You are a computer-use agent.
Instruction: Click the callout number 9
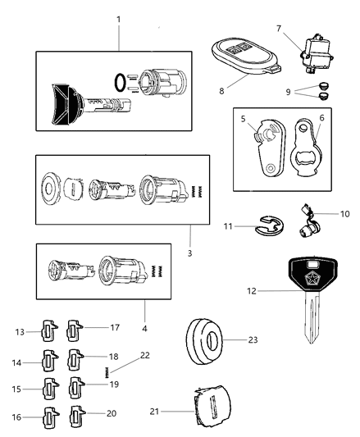pyautogui.click(x=312, y=92)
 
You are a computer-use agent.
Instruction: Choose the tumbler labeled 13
pyautogui.click(x=48, y=331)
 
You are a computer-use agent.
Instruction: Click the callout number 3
pyautogui.click(x=189, y=253)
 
